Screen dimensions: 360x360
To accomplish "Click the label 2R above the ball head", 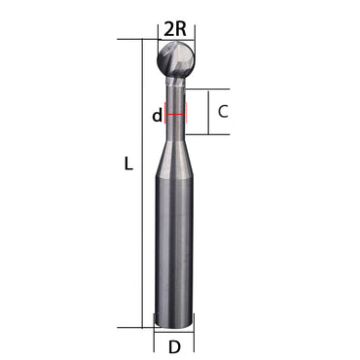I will tap(175, 28).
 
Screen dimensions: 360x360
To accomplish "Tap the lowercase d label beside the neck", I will tap(156, 116).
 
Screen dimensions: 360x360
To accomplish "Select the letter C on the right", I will tap(223, 111).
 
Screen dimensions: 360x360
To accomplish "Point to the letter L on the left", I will tap(127, 164).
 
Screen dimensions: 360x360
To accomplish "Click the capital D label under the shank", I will tap(174, 346).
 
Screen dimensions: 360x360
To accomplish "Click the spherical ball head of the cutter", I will tap(175, 60).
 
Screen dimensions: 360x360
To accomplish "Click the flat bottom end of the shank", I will tap(174, 327).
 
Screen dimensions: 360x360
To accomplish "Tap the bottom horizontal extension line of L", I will tap(136, 328).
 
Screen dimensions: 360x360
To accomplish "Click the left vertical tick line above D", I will tap(154, 339).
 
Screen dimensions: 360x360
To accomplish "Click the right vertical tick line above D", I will tap(195, 339).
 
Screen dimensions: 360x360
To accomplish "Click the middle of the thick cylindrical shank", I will tap(174, 243).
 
